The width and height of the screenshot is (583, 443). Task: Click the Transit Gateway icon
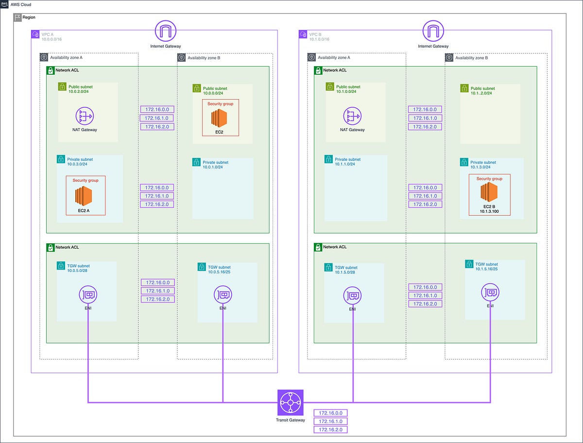pos(290,402)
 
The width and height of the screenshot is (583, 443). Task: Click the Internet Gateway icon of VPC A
pos(166,31)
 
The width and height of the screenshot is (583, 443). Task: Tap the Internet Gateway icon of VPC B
pos(434,31)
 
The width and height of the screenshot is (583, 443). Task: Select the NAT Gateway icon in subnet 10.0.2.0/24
pos(84,116)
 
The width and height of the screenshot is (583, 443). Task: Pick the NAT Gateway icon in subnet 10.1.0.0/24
pos(352,116)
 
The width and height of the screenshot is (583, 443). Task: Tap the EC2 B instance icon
pos(489,193)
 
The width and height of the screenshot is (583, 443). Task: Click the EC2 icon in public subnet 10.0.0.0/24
pos(220,118)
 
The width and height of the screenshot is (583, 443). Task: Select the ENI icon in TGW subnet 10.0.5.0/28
pos(88,294)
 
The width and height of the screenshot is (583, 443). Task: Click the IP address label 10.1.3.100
pos(489,212)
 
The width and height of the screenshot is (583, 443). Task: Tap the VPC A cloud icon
pos(35,34)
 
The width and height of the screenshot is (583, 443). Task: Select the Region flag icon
pos(18,17)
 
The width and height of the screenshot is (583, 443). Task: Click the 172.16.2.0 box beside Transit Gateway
pos(331,430)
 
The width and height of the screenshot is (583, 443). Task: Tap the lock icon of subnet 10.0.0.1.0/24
pos(196,162)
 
